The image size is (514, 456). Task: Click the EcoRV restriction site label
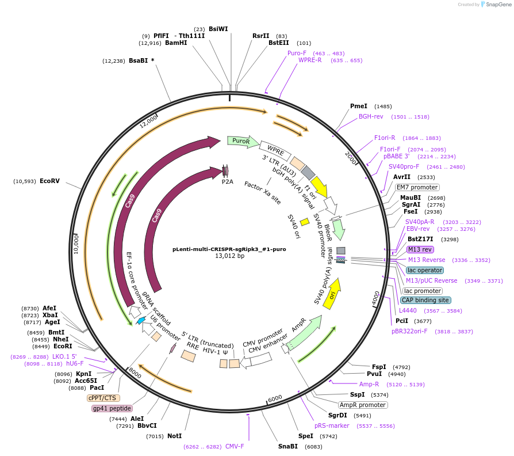point(49,181)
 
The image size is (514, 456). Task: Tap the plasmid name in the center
point(229,249)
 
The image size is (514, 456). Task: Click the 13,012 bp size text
point(229,256)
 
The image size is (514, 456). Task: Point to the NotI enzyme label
point(174,436)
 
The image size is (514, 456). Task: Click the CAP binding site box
point(425,300)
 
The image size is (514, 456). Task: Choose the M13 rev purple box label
point(420,249)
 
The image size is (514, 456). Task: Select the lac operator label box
point(424,270)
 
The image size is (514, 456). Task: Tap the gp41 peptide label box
point(112,408)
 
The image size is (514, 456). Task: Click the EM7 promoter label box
point(417,187)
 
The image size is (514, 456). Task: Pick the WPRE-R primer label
point(310,60)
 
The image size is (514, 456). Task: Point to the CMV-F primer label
point(235,446)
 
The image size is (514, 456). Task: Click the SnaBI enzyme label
point(288,446)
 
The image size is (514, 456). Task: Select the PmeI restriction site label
point(359,106)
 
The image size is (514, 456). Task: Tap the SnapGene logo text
point(498,5)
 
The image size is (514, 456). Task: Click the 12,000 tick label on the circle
point(148,121)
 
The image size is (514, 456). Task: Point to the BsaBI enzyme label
point(138,60)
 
